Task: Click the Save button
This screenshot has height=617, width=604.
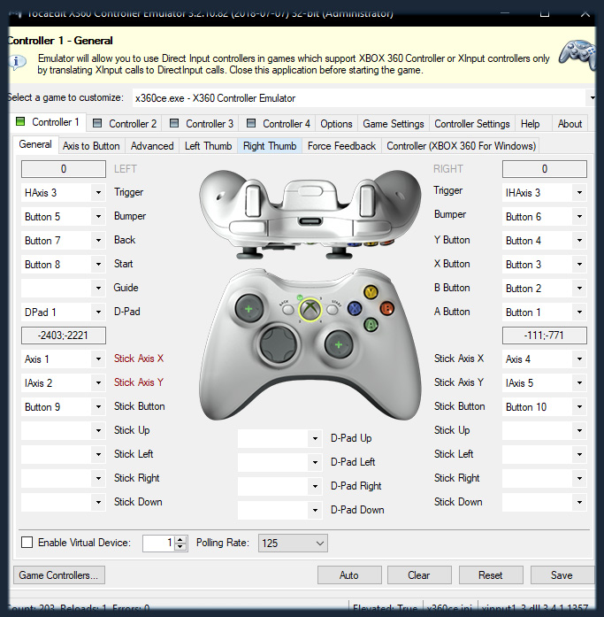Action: coord(561,575)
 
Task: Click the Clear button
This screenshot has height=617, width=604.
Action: coord(419,575)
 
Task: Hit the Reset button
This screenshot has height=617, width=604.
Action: coord(490,575)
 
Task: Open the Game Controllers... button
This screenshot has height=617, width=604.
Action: coord(59,575)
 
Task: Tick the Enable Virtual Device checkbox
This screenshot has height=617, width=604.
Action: coord(27,543)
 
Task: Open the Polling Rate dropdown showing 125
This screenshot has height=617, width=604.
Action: coord(293,543)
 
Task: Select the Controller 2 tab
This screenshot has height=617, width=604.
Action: coord(125,124)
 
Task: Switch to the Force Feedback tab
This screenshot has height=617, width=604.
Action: coord(341,146)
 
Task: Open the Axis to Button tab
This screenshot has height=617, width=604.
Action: coord(91,146)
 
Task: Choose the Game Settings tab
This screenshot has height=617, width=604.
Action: coord(394,124)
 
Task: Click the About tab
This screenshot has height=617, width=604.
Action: coord(570,124)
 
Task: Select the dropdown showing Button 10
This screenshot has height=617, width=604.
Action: coord(544,407)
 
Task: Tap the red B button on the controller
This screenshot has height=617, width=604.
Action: coord(386,308)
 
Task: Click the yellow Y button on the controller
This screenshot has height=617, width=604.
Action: coord(371,292)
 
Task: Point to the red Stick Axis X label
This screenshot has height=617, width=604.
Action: coord(139,359)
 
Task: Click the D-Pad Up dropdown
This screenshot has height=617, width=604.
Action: coord(279,438)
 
